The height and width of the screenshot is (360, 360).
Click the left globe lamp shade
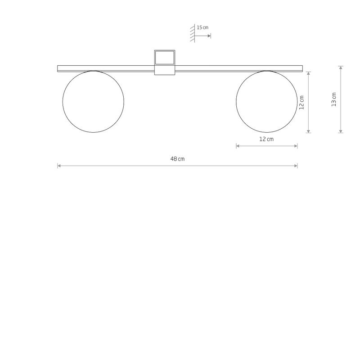[93, 101]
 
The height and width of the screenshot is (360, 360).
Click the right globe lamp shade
[266, 101]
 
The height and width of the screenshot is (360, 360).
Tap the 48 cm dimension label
[178, 159]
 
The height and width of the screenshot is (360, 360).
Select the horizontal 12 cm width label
[266, 139]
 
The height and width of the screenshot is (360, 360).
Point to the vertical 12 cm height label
[302, 102]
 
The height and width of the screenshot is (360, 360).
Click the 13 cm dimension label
[333, 99]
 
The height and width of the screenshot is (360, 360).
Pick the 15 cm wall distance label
[202, 28]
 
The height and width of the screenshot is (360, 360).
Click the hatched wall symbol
[192, 33]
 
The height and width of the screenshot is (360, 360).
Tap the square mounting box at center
[164, 58]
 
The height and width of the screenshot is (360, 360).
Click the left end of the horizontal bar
[59, 69]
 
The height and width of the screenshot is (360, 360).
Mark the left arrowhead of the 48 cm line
[59, 166]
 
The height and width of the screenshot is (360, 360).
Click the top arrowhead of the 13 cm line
[341, 67]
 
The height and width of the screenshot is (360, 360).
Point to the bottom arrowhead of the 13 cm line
[341, 131]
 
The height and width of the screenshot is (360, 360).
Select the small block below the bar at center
[164, 71]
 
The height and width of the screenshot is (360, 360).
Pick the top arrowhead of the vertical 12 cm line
[308, 73]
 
